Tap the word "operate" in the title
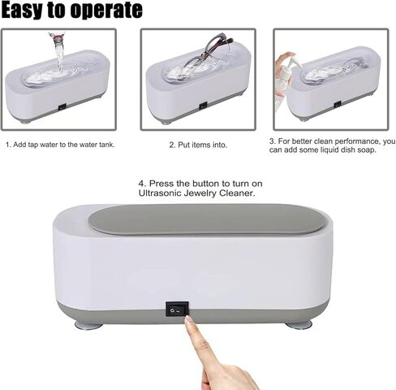click(110, 11)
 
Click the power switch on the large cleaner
click(177, 309)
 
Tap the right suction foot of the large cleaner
click(298, 324)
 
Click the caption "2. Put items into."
click(198, 145)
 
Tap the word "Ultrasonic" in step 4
click(165, 194)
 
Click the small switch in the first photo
click(62, 106)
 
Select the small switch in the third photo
click(337, 104)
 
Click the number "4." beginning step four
click(143, 183)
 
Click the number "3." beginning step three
click(273, 141)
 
